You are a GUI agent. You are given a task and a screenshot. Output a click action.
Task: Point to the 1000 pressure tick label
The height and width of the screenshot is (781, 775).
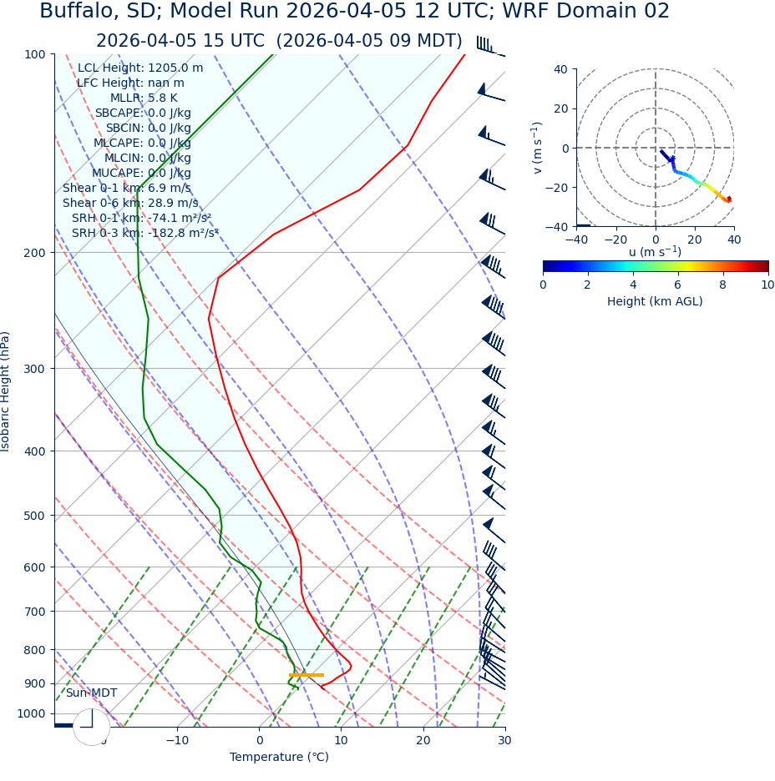tap(32, 713)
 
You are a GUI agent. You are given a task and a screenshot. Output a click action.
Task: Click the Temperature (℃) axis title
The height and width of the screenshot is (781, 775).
tap(279, 757)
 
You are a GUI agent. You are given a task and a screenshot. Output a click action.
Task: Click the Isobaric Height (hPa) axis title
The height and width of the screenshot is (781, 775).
tap(6, 391)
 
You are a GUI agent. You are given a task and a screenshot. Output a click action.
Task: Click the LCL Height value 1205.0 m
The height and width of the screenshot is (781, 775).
tap(175, 68)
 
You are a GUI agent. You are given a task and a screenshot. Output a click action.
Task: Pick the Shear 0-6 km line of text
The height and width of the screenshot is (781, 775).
tap(130, 203)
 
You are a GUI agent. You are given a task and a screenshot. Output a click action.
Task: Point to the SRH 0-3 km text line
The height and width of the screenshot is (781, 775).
tap(144, 233)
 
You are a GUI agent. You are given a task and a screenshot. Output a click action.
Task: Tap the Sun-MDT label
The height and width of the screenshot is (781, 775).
tap(91, 693)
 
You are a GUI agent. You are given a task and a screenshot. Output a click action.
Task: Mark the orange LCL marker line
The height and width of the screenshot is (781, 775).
tap(306, 674)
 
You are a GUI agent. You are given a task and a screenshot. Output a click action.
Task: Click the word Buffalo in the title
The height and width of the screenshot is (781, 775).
tap(79, 12)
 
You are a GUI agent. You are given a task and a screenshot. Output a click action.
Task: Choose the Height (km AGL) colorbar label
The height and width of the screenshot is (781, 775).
tap(655, 301)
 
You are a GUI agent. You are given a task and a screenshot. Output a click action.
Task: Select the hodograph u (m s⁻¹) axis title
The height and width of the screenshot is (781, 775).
tap(655, 252)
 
